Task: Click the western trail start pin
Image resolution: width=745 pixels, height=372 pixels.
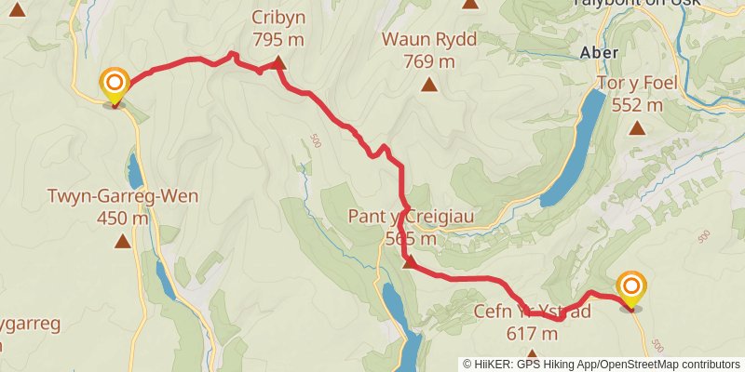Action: (x=115, y=86)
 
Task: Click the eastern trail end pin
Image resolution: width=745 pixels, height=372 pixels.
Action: (x=631, y=288)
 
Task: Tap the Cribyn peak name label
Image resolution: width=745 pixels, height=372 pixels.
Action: (x=278, y=18)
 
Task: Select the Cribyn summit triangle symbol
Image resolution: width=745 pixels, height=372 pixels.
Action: (x=278, y=63)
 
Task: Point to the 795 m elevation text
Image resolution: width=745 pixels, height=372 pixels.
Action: (x=278, y=39)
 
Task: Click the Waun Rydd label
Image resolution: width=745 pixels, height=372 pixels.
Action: (x=428, y=40)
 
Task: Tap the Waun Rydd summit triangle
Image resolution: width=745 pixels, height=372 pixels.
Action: (x=428, y=86)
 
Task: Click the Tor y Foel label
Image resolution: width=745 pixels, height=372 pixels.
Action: (x=637, y=83)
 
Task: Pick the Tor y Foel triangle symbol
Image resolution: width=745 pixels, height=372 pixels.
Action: (x=637, y=127)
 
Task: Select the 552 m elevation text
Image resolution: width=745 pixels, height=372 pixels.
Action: (x=637, y=104)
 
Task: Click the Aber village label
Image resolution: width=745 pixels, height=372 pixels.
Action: (x=599, y=53)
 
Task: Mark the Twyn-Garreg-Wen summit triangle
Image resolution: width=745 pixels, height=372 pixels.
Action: (x=122, y=242)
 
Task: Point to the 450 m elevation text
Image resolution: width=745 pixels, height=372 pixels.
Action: (x=122, y=219)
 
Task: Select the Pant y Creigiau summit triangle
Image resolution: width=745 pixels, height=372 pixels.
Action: (x=409, y=262)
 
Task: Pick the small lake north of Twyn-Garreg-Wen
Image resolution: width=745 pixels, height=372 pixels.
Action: (x=135, y=171)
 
